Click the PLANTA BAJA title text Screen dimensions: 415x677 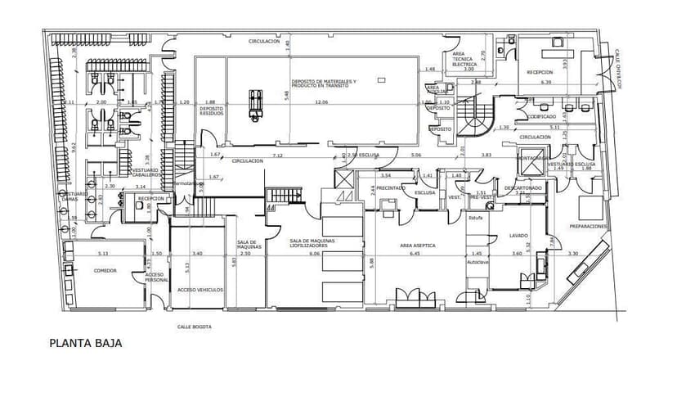coord(86,344)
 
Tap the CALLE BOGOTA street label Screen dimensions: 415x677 coord(195,327)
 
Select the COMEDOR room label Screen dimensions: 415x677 coord(105,269)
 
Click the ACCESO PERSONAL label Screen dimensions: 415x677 coord(155,277)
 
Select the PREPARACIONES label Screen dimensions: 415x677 coord(588,225)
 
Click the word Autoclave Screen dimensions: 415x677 coord(477,263)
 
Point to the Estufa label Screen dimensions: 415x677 coord(476,218)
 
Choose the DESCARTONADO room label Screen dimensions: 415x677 coord(520,187)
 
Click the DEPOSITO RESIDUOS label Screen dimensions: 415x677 coord(211,111)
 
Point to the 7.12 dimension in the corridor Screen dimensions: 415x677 coord(278,155)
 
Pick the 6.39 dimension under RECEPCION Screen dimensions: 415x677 coord(546,82)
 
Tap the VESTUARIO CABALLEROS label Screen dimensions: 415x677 coord(146,174)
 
